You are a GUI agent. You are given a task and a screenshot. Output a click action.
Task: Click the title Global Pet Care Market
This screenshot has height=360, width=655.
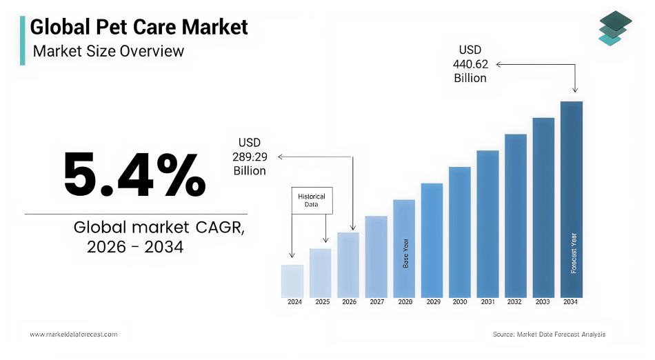tap(139, 27)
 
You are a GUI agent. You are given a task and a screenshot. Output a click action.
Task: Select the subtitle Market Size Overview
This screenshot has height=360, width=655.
tap(108, 51)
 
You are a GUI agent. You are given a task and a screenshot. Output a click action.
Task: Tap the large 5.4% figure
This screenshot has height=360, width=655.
tap(134, 175)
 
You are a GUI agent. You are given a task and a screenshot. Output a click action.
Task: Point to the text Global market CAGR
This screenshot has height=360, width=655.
tap(159, 228)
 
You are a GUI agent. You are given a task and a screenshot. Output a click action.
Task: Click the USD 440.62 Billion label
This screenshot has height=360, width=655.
tap(470, 64)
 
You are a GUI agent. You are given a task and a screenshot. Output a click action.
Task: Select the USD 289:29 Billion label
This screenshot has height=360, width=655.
tap(250, 157)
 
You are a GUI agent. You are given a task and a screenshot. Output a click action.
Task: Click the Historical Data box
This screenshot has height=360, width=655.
tap(312, 200)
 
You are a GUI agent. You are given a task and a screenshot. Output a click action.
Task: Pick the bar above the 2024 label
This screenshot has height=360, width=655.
tap(292, 281)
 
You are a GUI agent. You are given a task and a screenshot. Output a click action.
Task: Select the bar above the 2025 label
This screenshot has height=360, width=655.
tap(320, 272)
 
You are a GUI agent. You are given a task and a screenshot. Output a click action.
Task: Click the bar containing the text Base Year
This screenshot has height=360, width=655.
tap(404, 248)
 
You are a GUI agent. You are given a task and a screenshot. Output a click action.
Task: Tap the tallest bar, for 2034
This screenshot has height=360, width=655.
tap(571, 199)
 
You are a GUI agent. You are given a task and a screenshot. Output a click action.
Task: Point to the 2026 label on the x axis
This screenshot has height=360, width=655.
tap(349, 302)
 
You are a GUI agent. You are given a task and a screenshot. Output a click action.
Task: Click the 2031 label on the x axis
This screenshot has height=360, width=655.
tap(487, 302)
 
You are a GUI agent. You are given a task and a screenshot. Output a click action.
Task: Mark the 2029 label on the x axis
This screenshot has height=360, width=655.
tap(432, 302)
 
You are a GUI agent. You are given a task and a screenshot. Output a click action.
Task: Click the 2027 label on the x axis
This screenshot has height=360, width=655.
tap(376, 302)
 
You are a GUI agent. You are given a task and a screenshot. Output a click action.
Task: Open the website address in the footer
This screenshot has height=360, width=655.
tap(73, 334)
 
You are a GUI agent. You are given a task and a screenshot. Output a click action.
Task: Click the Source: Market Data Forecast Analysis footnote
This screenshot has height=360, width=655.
tap(549, 334)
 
